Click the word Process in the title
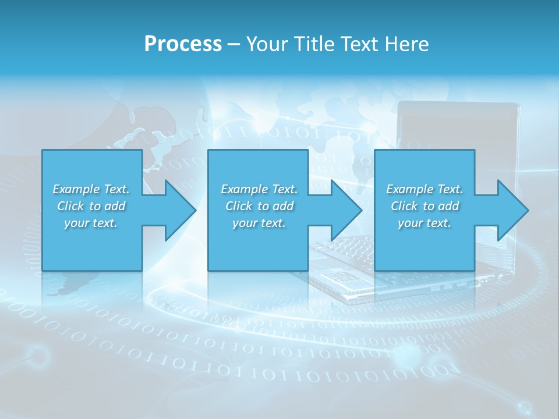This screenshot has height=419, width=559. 183,44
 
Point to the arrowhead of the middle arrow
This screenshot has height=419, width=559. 346,210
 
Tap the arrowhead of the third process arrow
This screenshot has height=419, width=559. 512,210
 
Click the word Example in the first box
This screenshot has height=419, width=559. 76,189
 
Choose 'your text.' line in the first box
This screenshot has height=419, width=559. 91,223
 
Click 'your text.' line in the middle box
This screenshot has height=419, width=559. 259,223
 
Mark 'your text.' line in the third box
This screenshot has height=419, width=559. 424,223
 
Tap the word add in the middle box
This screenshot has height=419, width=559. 284,206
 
